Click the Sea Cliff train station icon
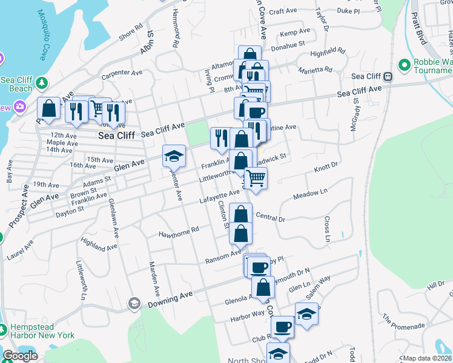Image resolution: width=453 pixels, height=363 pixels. pos(388,76)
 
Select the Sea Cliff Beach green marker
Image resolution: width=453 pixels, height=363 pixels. pos(41,82)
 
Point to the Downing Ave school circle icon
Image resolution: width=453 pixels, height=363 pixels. pos(134,302)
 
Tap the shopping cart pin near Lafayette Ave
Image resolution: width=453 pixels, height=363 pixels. pos(256,177)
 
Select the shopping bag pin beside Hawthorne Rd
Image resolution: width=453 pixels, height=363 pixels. pos(241,232)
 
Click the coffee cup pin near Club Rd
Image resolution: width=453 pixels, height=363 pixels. pos(281,327)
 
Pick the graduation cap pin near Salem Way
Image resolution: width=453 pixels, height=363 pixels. pos(306,313)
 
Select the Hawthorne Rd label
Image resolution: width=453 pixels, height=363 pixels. pos(179,232)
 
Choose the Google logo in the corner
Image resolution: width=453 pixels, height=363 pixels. pos(20,356)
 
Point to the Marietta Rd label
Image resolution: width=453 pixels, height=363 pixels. pos(316,70)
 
